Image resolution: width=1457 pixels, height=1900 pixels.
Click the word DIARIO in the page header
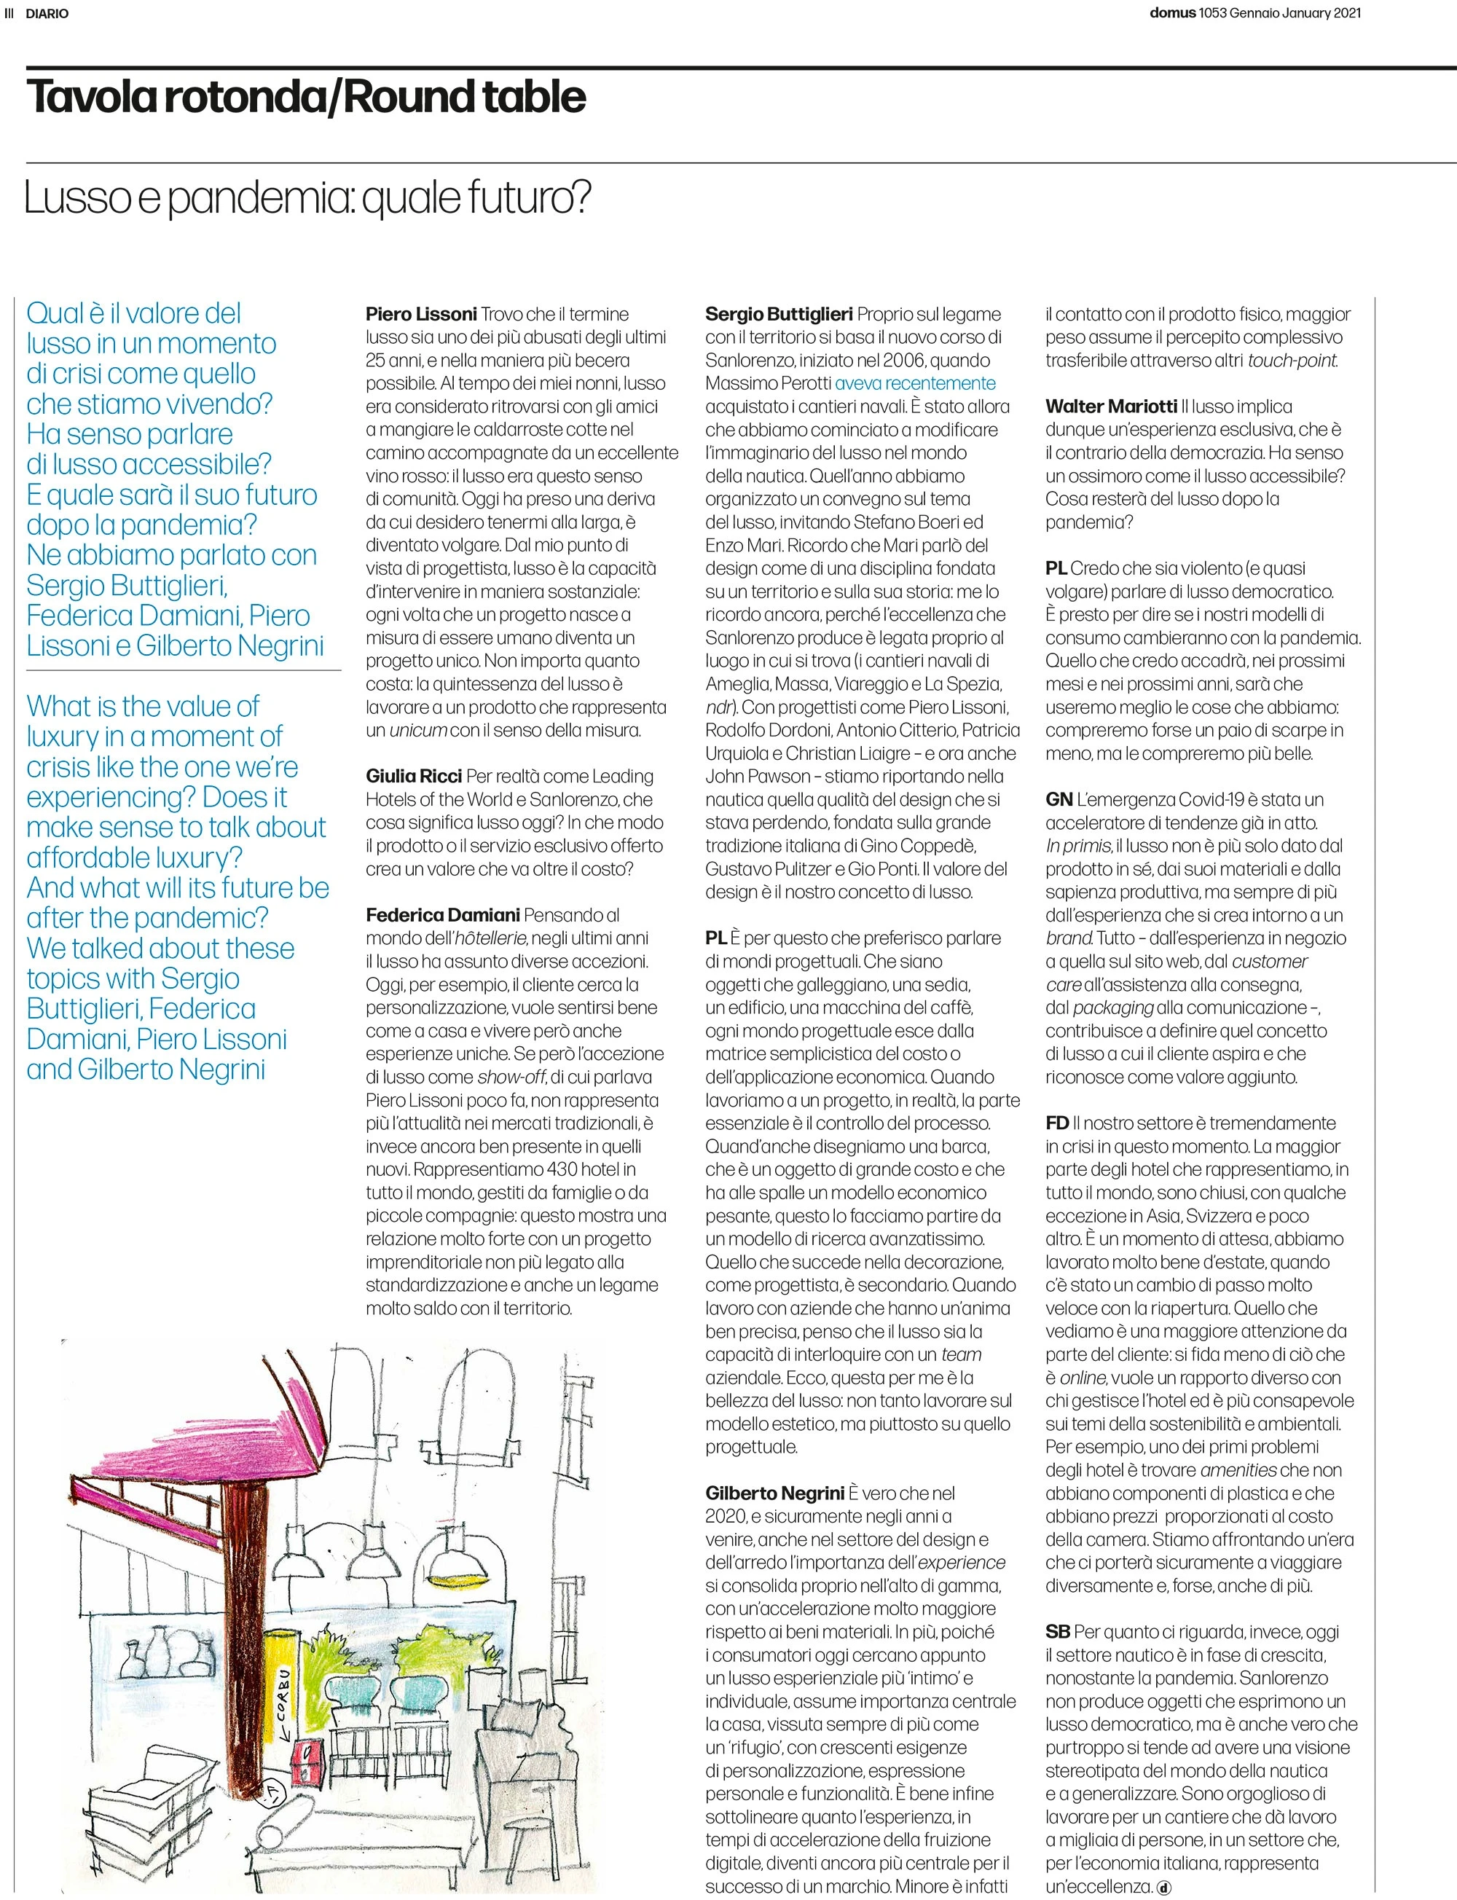pos(47,14)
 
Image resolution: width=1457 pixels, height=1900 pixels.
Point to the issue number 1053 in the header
pos(1212,13)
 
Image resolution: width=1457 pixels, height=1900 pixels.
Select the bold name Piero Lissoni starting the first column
pos(422,314)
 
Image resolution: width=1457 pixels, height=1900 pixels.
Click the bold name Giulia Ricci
pos(414,776)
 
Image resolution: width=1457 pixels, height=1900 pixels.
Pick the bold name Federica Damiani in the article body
pos(442,915)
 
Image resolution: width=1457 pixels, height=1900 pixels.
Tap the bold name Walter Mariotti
pos(1111,407)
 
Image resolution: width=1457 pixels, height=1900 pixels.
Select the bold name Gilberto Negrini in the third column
pos(774,1493)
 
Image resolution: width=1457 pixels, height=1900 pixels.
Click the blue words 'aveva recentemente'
pos(915,383)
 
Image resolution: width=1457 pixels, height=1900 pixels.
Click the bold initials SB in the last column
pos(1057,1632)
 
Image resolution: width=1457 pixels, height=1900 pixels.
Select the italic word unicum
pos(418,730)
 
